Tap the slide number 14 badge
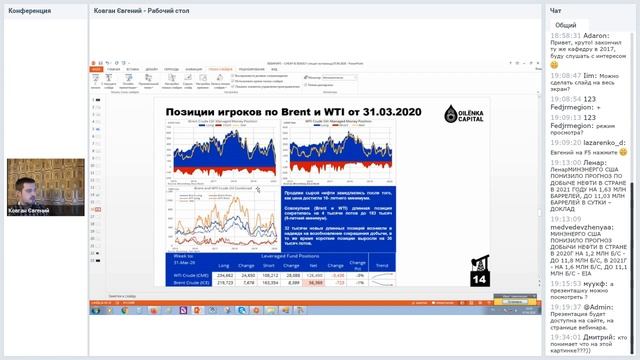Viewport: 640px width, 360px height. pos(477,277)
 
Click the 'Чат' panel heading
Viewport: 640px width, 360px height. pos(556,9)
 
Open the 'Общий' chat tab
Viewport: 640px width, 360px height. pos(565,25)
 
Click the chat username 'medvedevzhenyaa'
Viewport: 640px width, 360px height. pos(588,227)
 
